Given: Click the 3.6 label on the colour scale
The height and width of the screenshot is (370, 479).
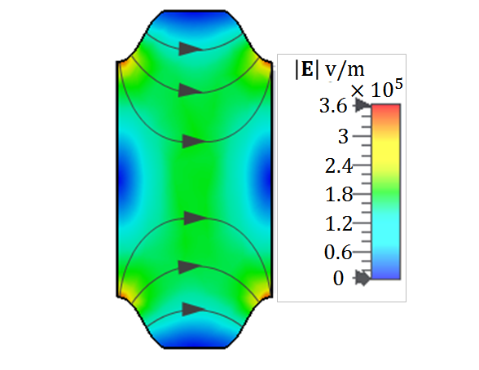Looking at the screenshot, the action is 333,106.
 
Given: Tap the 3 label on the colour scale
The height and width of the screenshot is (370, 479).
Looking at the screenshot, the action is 344,136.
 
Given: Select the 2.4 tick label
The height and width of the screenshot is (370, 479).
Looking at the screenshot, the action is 339,166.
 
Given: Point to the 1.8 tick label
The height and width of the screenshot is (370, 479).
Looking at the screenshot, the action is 339,195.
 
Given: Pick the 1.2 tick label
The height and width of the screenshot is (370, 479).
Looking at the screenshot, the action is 339,223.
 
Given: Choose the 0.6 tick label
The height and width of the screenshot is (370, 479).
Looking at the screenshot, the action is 338,253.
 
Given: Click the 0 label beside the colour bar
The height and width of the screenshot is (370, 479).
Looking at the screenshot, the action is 338,279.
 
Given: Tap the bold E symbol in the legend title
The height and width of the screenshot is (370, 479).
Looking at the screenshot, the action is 307,69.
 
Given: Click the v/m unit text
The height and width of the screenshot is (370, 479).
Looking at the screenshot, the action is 345,69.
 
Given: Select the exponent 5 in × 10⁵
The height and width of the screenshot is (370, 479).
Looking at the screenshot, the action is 398,84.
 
